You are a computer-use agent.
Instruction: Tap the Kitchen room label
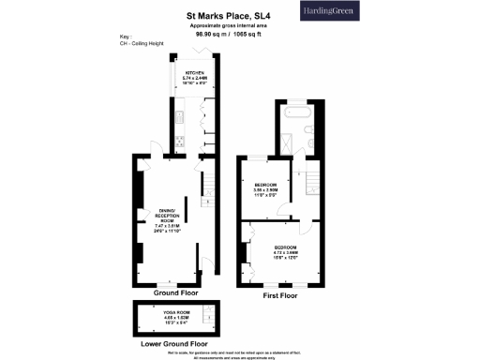pos(194,76)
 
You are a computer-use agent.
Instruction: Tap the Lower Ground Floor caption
pos(175,343)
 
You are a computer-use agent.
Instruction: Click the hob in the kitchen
pos(177,142)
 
